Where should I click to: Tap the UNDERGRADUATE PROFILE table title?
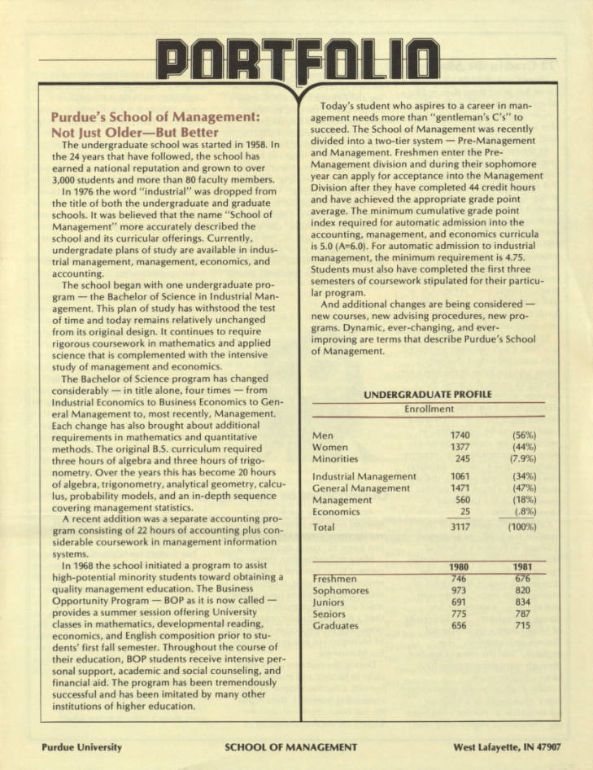click(428, 395)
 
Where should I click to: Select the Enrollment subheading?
click(429, 409)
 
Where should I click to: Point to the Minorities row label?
click(341, 460)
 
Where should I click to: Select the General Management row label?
click(361, 488)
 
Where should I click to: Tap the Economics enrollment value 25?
click(465, 511)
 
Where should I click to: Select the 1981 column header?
click(526, 567)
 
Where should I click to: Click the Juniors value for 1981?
click(526, 602)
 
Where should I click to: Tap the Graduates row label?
click(335, 626)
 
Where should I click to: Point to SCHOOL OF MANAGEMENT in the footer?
click(290, 746)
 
